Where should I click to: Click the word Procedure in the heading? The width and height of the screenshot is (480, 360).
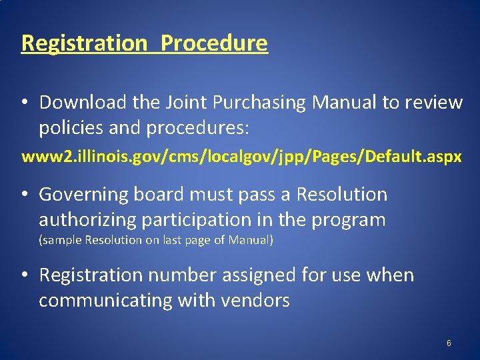click(214, 43)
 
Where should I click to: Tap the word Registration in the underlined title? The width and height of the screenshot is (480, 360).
click(84, 43)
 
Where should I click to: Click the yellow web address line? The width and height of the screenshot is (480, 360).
click(241, 157)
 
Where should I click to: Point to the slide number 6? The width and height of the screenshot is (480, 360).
click(449, 343)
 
